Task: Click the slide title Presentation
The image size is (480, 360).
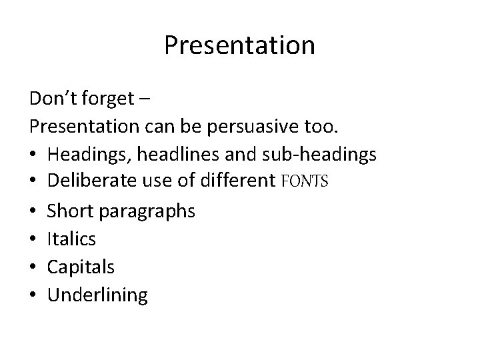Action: pos(239,45)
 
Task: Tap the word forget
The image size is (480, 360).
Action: pos(107,99)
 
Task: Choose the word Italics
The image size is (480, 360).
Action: pos(72,239)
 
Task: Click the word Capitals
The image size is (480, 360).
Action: pos(81,267)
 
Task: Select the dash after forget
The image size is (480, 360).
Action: pos(146,100)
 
